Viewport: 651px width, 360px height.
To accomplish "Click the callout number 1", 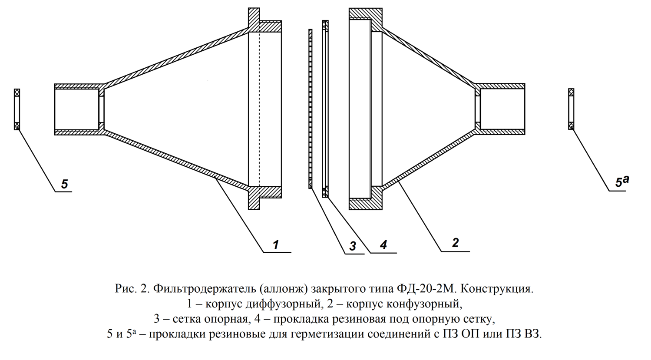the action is coord(276,244).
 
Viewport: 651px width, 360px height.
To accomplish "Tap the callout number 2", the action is coord(455,243).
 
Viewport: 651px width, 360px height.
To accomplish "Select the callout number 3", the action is coord(353,246).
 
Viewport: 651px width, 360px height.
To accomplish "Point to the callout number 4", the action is coord(383,244).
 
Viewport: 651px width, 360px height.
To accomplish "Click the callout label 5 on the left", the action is coord(65,184).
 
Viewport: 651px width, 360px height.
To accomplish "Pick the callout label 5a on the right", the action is coord(621,181).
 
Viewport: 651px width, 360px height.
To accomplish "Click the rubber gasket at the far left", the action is coord(17,109).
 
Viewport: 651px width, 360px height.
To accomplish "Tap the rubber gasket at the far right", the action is coord(571,109).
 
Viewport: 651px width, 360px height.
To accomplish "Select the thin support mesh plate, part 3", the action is coord(311,109).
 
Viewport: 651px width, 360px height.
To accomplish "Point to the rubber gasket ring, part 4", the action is coord(325,109).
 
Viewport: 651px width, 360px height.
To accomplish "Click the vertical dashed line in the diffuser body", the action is coord(259,109).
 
